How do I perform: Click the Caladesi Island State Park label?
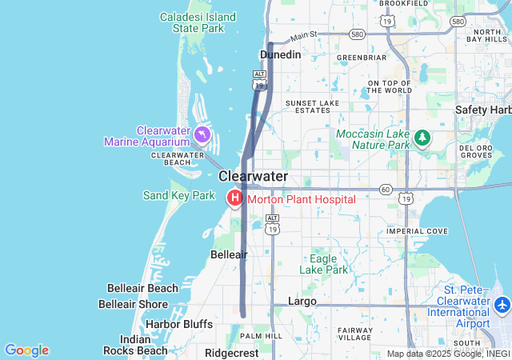(x=198, y=22)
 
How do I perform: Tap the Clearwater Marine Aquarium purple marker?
(x=202, y=134)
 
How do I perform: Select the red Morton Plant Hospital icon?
(x=235, y=198)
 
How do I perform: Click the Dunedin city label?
(x=281, y=54)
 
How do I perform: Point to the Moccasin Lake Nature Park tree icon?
(x=422, y=138)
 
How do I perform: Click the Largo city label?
(x=302, y=302)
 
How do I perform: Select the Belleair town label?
(x=229, y=254)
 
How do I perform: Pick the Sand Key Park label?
(x=179, y=195)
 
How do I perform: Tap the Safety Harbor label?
(x=484, y=110)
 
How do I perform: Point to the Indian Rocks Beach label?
(x=133, y=345)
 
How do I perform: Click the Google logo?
(x=26, y=350)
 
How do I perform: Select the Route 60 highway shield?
(x=386, y=190)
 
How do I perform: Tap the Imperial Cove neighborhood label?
(x=417, y=231)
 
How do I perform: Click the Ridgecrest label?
(x=231, y=353)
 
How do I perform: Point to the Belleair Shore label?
(x=133, y=304)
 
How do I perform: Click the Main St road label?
(x=304, y=35)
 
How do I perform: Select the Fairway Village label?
(x=355, y=334)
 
